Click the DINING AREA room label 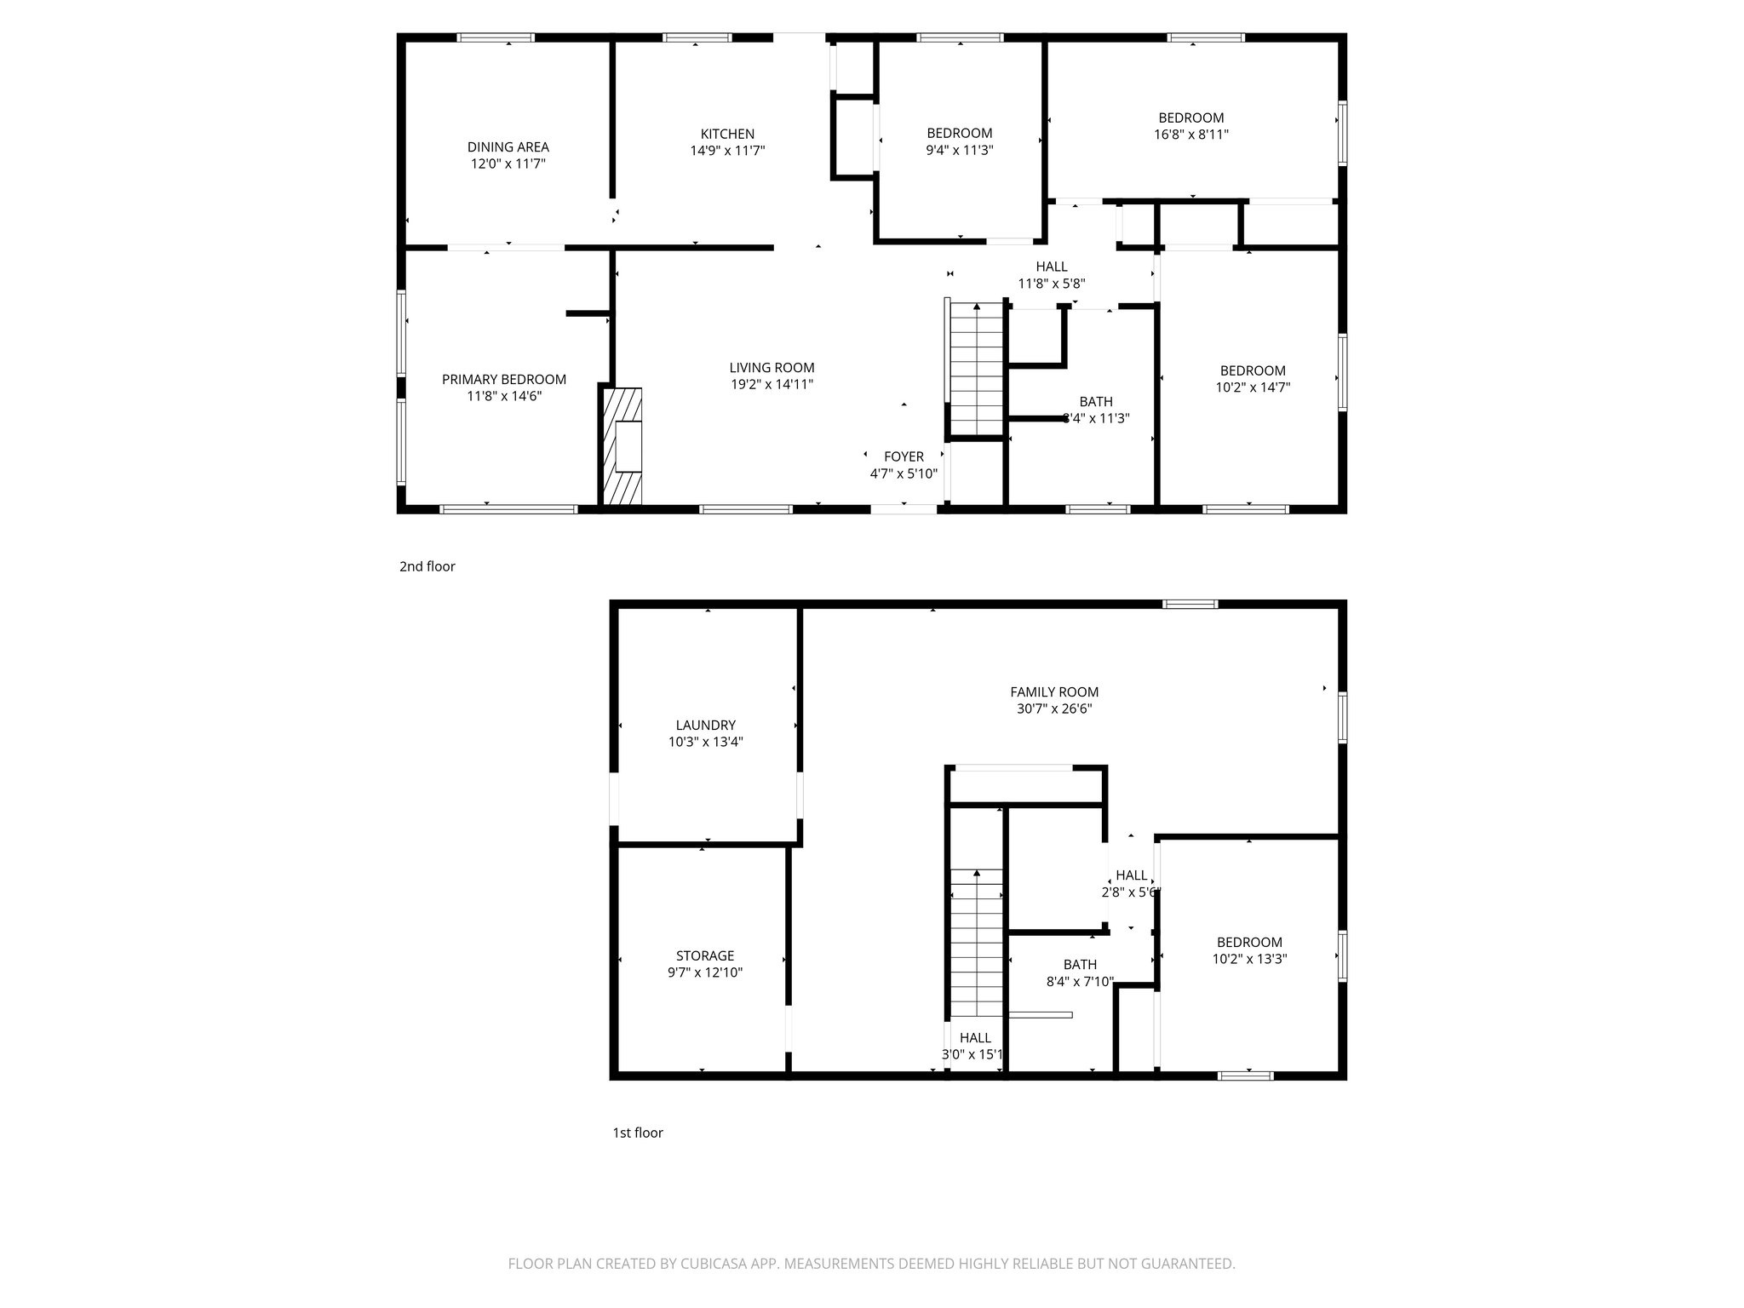pos(508,147)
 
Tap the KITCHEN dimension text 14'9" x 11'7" pos(727,151)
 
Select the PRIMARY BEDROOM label pos(503,380)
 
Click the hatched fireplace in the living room pos(622,446)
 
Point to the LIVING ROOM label pos(772,368)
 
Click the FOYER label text pos(904,456)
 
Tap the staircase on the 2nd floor pos(977,370)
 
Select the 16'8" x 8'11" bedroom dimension pos(1191,135)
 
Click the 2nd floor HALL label pos(1052,267)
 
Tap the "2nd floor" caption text pos(427,566)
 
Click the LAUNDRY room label pos(705,726)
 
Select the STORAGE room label pos(705,955)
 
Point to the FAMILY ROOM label pos(1054,692)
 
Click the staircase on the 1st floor pos(976,945)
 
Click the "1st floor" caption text pos(638,1133)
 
